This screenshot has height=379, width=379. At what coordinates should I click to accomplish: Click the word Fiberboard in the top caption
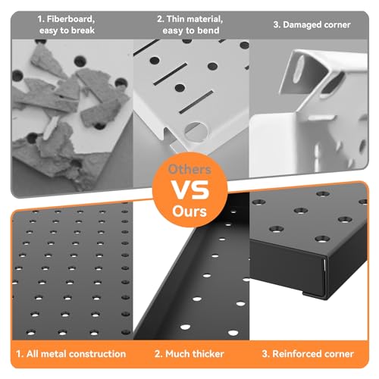coord(70,19)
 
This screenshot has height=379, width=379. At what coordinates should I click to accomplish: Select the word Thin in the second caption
coord(176,19)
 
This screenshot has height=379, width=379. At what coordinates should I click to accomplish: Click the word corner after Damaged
coord(337,25)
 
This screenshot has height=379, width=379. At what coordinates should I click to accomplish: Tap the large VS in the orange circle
coord(190,190)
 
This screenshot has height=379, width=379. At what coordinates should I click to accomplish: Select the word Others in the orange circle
coord(189,169)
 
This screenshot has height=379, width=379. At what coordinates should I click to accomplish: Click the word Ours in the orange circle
coord(189,211)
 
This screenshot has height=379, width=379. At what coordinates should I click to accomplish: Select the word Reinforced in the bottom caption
coord(297,354)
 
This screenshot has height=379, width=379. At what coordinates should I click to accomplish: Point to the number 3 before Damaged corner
coord(276,25)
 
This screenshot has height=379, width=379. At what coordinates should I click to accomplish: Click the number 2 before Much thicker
coord(158,354)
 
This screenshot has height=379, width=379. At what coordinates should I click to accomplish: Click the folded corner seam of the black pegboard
coord(324,277)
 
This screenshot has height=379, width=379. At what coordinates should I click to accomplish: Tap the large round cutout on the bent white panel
coord(196,132)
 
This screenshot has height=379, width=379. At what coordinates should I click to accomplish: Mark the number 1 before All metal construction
coord(19,354)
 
